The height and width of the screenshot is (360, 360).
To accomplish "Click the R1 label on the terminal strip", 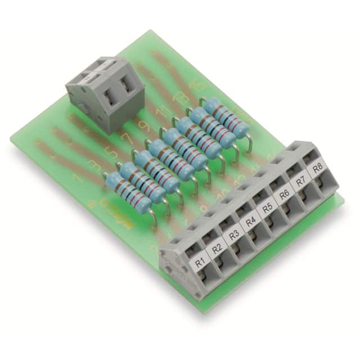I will [x=199, y=262].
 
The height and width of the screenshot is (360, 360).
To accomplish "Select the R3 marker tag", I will [x=233, y=235].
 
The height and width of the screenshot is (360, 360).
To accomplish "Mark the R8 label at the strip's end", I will [x=317, y=169].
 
